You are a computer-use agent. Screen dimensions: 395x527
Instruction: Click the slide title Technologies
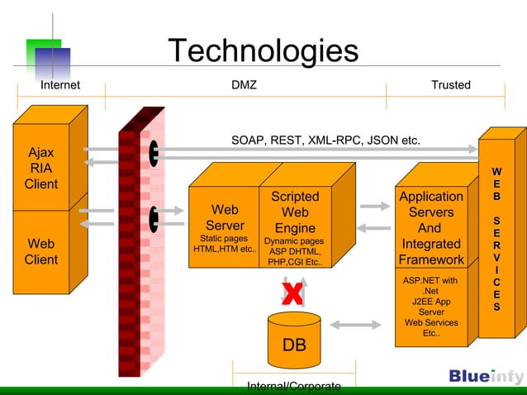[x=263, y=51]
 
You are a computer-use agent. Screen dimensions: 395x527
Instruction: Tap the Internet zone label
[x=60, y=85]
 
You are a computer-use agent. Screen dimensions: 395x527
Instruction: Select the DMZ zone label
[x=245, y=85]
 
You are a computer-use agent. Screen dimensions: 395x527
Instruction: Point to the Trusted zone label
[x=450, y=85]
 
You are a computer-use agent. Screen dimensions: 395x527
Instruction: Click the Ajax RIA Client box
[x=41, y=169]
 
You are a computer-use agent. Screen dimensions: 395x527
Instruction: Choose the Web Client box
[x=41, y=251]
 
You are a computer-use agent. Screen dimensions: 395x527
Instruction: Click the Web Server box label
[x=225, y=217]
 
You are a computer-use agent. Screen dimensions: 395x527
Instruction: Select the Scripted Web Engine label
[x=295, y=212]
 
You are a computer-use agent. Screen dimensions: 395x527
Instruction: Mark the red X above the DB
[x=292, y=293]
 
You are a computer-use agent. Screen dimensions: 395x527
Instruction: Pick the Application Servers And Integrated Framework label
[x=430, y=228]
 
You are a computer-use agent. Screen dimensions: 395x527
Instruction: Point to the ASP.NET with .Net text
[x=430, y=286]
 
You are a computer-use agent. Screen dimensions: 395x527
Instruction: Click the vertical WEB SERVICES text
[x=496, y=240]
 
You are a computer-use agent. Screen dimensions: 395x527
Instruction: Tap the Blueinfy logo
[x=486, y=377]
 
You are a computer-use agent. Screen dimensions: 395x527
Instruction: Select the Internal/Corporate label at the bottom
[x=294, y=387]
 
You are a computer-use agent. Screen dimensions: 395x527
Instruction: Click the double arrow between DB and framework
[x=358, y=325]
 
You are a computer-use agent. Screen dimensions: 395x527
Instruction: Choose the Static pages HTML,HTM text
[x=225, y=244]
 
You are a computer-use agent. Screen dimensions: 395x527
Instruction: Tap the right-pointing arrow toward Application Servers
[x=375, y=206]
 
